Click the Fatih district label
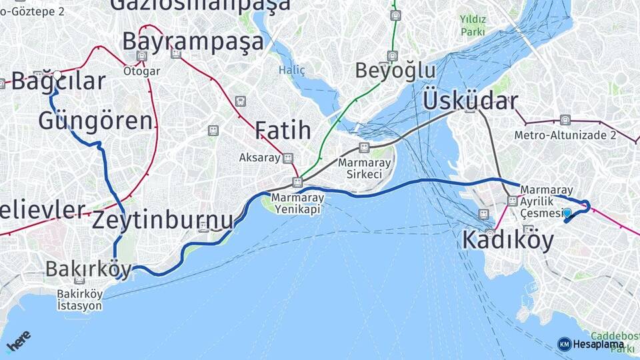[x=283, y=130]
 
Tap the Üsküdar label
[x=469, y=101]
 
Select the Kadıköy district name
[x=507, y=240]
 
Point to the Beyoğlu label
[x=395, y=71]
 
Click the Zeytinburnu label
[x=163, y=220]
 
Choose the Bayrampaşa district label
[x=193, y=41]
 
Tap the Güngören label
[x=95, y=121]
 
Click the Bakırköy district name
[x=88, y=269]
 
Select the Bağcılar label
[x=59, y=82]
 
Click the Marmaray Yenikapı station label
[x=297, y=203]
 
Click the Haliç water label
[x=291, y=70]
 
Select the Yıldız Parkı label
[x=473, y=25]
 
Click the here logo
[x=18, y=341]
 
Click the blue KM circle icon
[x=564, y=344]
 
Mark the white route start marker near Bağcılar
[x=57, y=75]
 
